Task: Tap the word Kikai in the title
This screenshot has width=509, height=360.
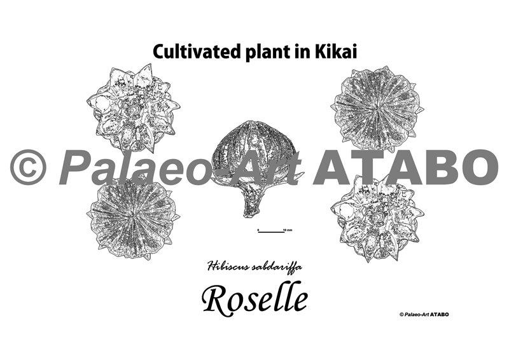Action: pos(335,52)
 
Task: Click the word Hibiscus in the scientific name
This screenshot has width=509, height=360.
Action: pos(227,267)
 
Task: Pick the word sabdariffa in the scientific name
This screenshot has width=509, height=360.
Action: pos(277,267)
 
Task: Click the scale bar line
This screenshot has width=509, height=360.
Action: pos(272,232)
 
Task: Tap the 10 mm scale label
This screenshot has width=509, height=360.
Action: pos(288,230)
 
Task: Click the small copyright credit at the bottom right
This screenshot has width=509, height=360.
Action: pos(424,314)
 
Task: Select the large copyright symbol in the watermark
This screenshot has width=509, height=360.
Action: pos(28,167)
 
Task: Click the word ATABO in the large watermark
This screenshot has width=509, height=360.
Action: pos(406,167)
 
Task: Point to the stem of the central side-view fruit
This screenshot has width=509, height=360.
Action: pos(252,203)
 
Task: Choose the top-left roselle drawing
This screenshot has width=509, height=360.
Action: pos(133,108)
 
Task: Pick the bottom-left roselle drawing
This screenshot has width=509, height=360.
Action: pos(133,217)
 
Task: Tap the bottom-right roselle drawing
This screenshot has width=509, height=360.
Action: pos(377,218)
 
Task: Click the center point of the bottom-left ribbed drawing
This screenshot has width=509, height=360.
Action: pos(134,215)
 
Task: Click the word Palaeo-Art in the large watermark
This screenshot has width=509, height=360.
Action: pos(180,167)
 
